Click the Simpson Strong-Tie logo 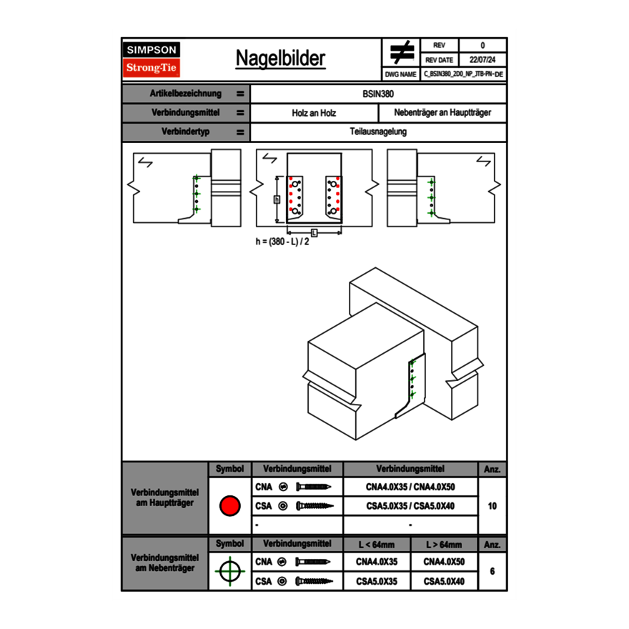(152, 59)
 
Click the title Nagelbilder (280, 59)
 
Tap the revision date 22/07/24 (482, 60)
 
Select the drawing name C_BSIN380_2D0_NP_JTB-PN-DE (463, 74)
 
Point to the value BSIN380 (378, 94)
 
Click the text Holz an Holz (314, 113)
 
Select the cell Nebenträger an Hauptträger (442, 113)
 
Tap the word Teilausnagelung (378, 132)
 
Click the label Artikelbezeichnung (185, 94)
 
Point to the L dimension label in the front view (314, 232)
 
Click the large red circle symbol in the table (229, 506)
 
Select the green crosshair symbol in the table (229, 571)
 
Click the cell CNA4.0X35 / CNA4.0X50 (410, 487)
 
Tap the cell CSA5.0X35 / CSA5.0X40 (410, 506)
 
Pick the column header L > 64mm (444, 545)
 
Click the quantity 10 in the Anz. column (492, 506)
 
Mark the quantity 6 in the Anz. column (492, 571)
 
